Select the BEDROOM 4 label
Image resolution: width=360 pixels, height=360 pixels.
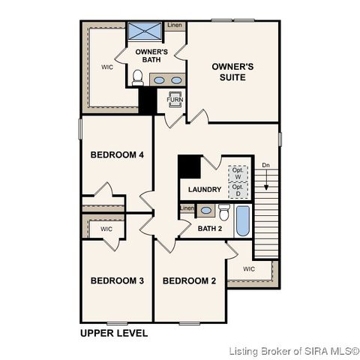tap(117, 155)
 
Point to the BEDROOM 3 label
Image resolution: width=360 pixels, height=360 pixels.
tap(117, 280)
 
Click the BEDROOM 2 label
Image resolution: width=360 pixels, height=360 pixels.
tap(189, 280)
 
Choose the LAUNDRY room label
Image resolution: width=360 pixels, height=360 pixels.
tap(203, 190)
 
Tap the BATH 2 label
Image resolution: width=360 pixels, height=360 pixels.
tap(210, 228)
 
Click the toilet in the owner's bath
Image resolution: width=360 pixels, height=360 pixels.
tap(137, 77)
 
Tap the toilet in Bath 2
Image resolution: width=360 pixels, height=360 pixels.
tap(223, 211)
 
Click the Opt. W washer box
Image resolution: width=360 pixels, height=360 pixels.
tap(238, 172)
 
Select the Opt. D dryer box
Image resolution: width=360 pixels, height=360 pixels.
tap(238, 190)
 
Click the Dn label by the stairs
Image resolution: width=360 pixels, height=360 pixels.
tap(265, 165)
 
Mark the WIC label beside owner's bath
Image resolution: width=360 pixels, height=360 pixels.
tap(107, 67)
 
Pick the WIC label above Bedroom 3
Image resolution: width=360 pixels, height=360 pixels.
tap(106, 229)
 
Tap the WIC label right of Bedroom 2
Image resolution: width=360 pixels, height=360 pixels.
tap(249, 268)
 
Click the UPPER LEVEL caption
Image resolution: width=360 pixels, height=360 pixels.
tap(114, 332)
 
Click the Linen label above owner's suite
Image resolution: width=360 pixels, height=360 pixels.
tap(174, 25)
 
